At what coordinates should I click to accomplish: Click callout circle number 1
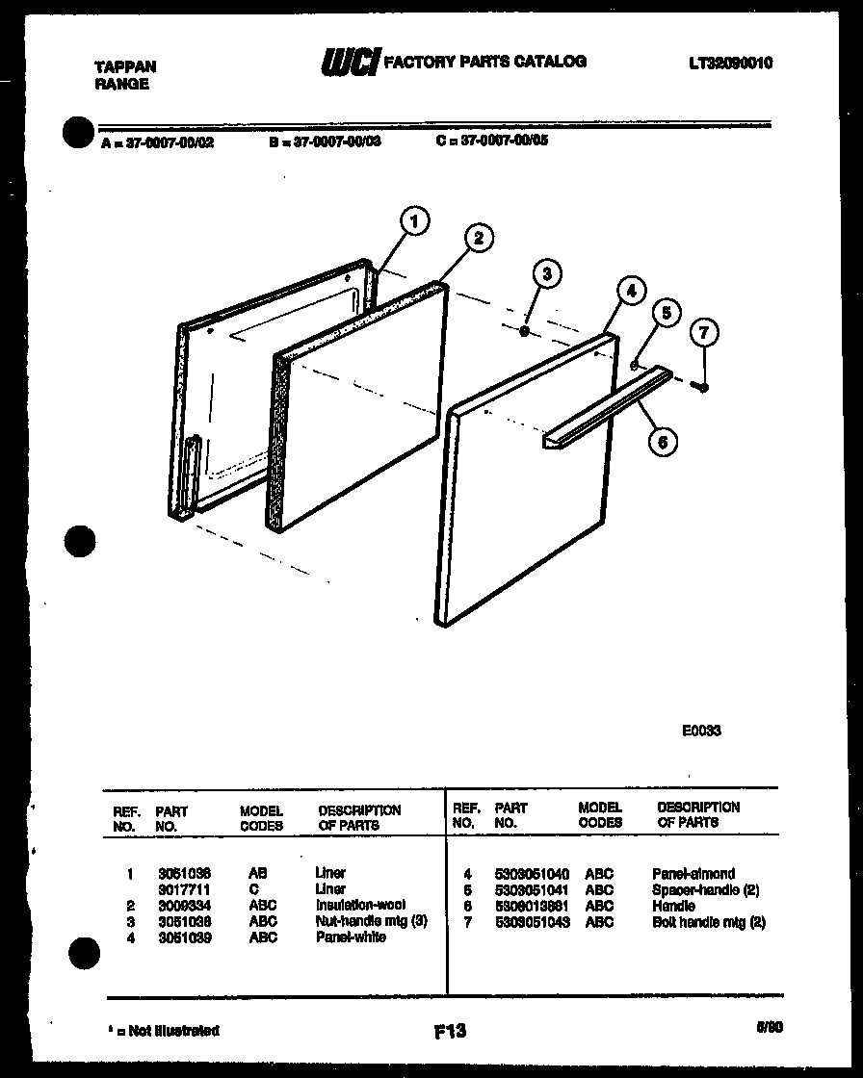(x=414, y=223)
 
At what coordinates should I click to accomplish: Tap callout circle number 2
(x=479, y=238)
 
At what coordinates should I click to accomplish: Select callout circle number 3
(x=546, y=274)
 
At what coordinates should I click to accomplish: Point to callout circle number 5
(x=665, y=313)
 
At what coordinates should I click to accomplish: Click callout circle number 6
(x=662, y=441)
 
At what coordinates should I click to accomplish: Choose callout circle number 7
(x=704, y=334)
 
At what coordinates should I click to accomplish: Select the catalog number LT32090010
(x=730, y=64)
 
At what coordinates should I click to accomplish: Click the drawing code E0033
(x=701, y=731)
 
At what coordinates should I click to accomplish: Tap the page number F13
(x=450, y=1031)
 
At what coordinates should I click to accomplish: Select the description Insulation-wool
(x=360, y=905)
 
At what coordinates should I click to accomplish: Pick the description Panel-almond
(x=693, y=874)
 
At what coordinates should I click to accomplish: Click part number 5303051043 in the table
(x=531, y=921)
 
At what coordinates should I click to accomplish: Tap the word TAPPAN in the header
(x=125, y=66)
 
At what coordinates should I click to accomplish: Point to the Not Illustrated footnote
(x=163, y=1031)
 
